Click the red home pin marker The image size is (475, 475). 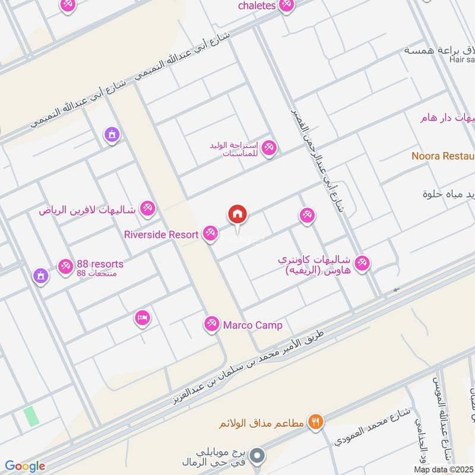tap(237, 214)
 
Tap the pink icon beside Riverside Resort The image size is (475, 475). tap(210, 234)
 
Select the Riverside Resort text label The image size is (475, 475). tap(161, 235)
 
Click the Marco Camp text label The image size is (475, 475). tap(252, 325)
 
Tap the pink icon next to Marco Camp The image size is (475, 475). tap(210, 324)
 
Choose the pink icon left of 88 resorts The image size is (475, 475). tap(66, 266)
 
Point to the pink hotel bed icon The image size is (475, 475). tap(142, 319)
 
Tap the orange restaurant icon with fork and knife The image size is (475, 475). tap(316, 422)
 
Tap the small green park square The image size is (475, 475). tap(31, 416)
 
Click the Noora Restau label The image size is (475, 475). tap(442, 156)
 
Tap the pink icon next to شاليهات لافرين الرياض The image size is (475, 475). tap(148, 209)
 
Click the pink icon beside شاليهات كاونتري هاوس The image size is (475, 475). tap(362, 262)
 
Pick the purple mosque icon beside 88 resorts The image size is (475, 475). tap(40, 276)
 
